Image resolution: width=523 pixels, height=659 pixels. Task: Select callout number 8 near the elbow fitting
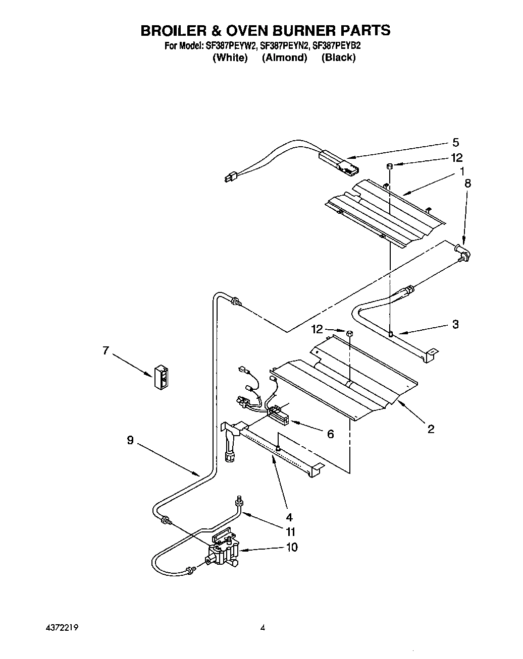point(467,184)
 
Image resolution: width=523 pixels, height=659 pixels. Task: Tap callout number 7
point(106,350)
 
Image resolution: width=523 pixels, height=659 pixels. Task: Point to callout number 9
point(130,440)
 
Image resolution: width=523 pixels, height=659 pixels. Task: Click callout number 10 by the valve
point(291,547)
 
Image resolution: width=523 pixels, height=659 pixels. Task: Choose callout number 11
point(290,531)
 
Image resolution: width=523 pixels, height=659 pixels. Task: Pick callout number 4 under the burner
point(289,516)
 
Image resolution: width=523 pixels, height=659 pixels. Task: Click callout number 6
point(330,434)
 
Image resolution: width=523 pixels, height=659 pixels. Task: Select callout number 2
point(431,429)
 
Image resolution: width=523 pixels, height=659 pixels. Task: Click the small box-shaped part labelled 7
point(162,377)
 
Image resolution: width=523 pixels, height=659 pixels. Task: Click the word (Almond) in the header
point(284,57)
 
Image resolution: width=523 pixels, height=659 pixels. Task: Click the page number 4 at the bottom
point(263,628)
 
